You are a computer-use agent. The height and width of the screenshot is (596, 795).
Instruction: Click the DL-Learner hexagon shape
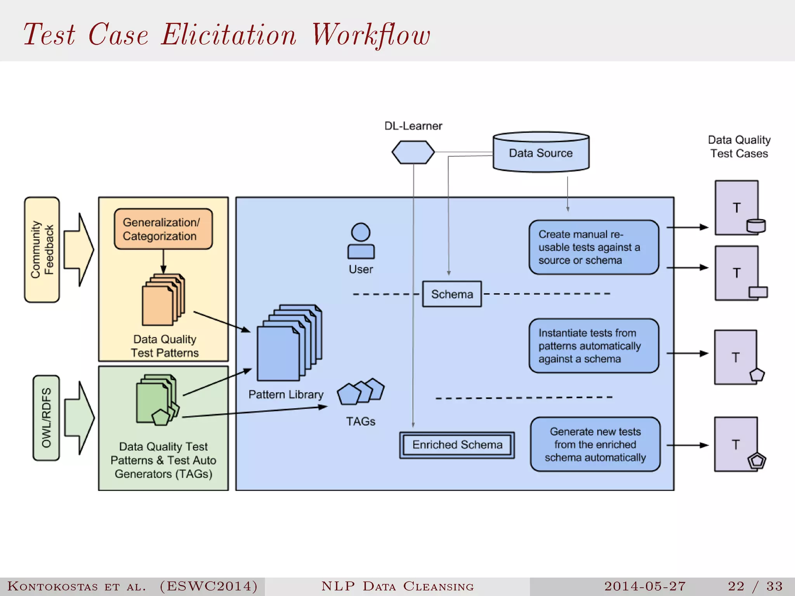[x=413, y=152]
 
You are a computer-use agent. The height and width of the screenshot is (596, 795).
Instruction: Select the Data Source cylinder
[x=541, y=152]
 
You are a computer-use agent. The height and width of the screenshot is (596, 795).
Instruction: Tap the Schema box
[x=452, y=294]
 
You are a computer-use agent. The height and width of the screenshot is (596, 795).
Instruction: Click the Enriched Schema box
[x=457, y=445]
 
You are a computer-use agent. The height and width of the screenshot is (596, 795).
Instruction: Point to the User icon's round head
[x=361, y=232]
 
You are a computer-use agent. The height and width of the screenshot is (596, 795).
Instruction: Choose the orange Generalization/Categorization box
[x=163, y=229]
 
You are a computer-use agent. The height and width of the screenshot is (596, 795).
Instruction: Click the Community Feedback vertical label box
[x=42, y=249]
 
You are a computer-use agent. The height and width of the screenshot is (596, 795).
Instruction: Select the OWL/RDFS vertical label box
[x=46, y=418]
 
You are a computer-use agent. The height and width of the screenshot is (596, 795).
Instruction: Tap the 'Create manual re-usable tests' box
[x=594, y=247]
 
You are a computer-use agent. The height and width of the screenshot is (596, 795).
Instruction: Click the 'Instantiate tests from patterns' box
[x=594, y=346]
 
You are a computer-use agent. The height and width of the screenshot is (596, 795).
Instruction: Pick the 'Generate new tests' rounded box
[x=595, y=444]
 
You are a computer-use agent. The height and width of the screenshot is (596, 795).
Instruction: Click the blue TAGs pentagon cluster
[x=361, y=392]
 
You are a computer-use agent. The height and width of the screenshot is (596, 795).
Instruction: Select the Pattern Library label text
[x=286, y=395]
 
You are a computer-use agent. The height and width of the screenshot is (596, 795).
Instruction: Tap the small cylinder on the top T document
[x=756, y=226]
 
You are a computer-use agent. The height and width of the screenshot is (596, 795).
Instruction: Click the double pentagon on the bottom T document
[x=757, y=461]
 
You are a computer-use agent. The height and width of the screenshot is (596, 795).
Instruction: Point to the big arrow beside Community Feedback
[x=79, y=249]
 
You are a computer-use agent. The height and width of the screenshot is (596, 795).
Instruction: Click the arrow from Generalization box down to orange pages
[x=163, y=262]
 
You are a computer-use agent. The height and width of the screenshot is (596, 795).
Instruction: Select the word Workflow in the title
[x=371, y=35]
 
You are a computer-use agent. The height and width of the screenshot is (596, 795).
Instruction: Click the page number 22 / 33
[x=755, y=586]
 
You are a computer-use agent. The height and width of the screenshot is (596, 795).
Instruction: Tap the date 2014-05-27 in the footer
[x=645, y=586]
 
